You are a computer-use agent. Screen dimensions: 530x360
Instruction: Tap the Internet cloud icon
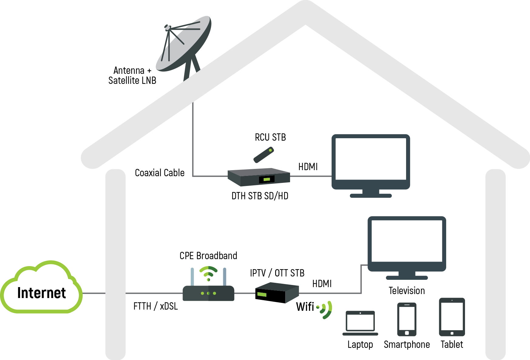pos(41,287)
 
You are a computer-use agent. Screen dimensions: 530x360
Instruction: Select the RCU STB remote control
pos(264,155)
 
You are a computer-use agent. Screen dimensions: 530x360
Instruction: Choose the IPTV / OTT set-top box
pos(277,293)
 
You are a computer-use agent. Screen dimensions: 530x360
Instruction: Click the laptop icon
pos(360,323)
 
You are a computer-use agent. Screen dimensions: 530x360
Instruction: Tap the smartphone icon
pos(407,319)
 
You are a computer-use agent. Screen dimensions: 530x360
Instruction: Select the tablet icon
pos(452,317)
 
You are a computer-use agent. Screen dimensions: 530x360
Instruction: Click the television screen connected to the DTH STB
pos(371,166)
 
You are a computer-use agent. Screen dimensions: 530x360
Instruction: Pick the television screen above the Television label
pos(407,248)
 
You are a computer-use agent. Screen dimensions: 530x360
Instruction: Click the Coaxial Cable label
pos(160,173)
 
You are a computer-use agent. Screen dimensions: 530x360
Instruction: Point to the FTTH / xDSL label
pos(156,306)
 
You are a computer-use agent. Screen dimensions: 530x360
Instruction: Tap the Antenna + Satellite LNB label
pos(132,75)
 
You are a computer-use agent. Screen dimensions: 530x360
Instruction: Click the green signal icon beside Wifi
pos(324,310)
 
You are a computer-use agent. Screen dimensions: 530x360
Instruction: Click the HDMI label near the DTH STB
pos(308,167)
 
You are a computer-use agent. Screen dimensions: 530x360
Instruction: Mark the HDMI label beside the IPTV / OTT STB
pos(322,284)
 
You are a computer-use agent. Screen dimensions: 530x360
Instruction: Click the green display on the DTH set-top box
pos(267,180)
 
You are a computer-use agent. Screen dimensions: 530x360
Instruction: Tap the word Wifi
pos(305,307)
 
